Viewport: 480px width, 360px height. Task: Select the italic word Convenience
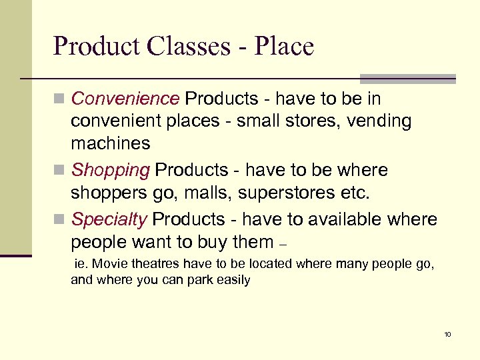pos(125,99)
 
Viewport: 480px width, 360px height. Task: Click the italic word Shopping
pos(110,171)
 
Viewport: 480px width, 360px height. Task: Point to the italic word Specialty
pos(109,219)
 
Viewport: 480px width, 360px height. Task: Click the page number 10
pos(447,334)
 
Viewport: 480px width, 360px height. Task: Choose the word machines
pos(111,143)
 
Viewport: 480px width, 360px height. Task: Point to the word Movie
pos(109,264)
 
